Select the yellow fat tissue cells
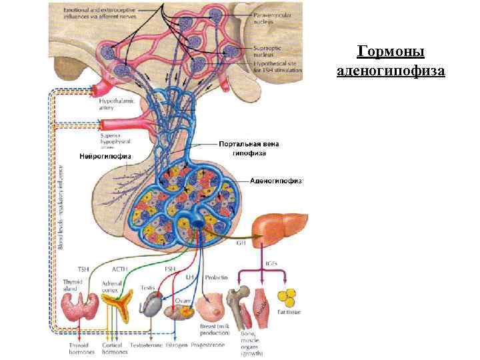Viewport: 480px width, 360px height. pyautogui.click(x=289, y=297)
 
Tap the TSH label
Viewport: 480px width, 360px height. pyautogui.click(x=83, y=269)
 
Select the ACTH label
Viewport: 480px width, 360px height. pyautogui.click(x=120, y=269)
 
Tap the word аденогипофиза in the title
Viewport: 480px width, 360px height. pyautogui.click(x=391, y=70)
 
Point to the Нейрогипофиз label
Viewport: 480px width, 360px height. pyautogui.click(x=105, y=156)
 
